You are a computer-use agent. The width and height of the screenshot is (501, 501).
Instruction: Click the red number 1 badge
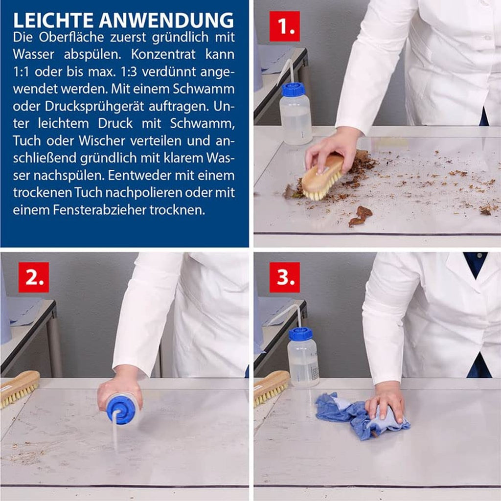(x=284, y=26)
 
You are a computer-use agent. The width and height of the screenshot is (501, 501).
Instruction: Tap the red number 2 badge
(x=34, y=277)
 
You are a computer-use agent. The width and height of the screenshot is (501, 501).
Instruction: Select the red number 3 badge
(x=284, y=277)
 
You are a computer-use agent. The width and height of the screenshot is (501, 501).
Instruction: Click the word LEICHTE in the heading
(x=53, y=20)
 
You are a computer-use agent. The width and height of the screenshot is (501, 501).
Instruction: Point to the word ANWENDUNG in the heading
(x=166, y=20)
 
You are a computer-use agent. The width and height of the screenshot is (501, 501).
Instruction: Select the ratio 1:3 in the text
(x=129, y=72)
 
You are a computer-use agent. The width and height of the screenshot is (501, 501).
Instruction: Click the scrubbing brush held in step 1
(x=323, y=177)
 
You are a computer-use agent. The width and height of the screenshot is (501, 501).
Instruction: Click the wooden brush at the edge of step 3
(x=271, y=388)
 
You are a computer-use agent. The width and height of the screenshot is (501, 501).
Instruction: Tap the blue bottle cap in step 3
(x=301, y=334)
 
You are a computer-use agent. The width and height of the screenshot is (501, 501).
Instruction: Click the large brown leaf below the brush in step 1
(x=361, y=216)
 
